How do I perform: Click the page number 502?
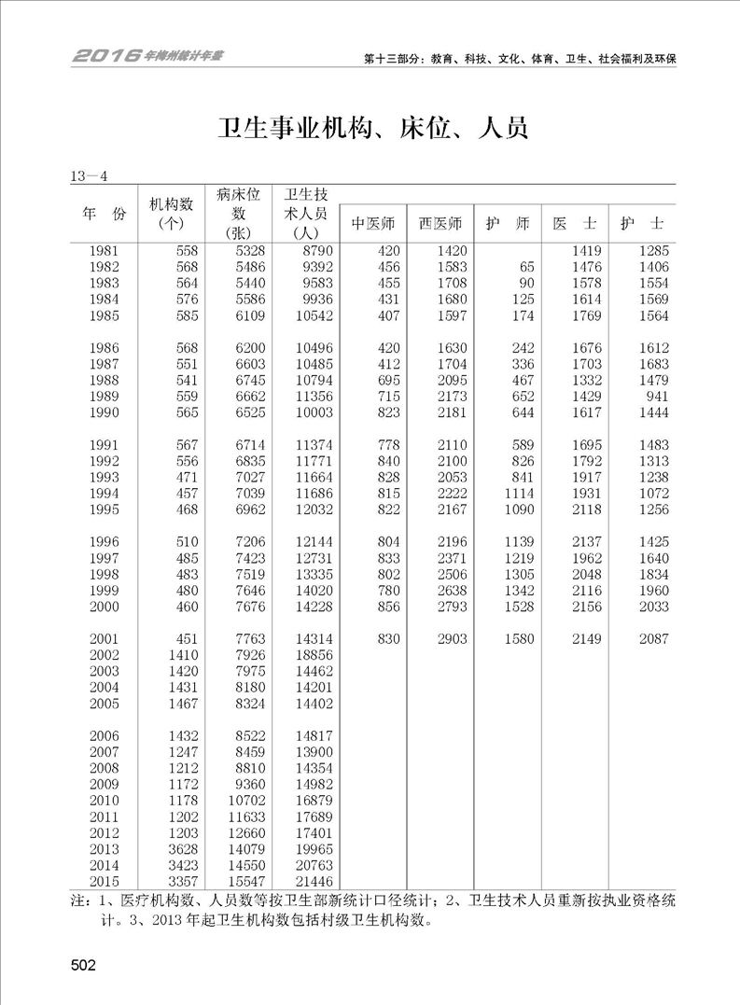82,965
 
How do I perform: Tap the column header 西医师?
440,224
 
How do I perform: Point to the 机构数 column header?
170,214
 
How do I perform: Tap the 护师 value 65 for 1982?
525,267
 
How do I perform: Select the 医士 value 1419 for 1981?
588,250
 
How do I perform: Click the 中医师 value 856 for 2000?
385,607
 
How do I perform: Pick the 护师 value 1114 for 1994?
518,493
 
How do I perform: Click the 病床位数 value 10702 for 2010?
244,800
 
